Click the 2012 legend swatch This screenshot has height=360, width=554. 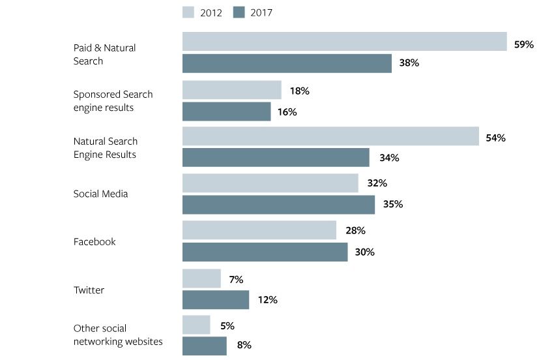click(x=189, y=12)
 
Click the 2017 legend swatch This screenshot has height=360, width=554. click(x=239, y=12)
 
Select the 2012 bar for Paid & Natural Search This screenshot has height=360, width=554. click(x=344, y=41)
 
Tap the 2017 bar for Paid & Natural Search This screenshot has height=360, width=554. click(x=287, y=63)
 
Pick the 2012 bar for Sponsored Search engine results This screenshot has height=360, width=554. click(x=231, y=90)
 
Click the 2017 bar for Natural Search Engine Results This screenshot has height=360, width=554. click(x=276, y=157)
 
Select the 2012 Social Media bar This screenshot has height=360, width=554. click(x=270, y=183)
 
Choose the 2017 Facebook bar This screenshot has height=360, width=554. click(x=265, y=252)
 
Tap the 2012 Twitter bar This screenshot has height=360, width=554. click(x=201, y=278)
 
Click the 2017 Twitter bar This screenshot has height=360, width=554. click(x=216, y=300)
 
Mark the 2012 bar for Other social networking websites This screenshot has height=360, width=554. click(x=196, y=325)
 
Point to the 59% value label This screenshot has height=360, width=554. click(x=523, y=44)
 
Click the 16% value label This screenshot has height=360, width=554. click(x=287, y=112)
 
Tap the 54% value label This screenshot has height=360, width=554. click(x=495, y=138)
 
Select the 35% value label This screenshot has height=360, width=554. click(x=393, y=204)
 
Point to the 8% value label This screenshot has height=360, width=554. click(x=244, y=345)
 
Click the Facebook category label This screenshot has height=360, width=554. click(x=95, y=241)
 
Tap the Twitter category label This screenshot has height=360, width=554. click(x=89, y=290)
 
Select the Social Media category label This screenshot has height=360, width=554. click(x=100, y=194)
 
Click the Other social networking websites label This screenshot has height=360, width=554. click(x=118, y=335)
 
